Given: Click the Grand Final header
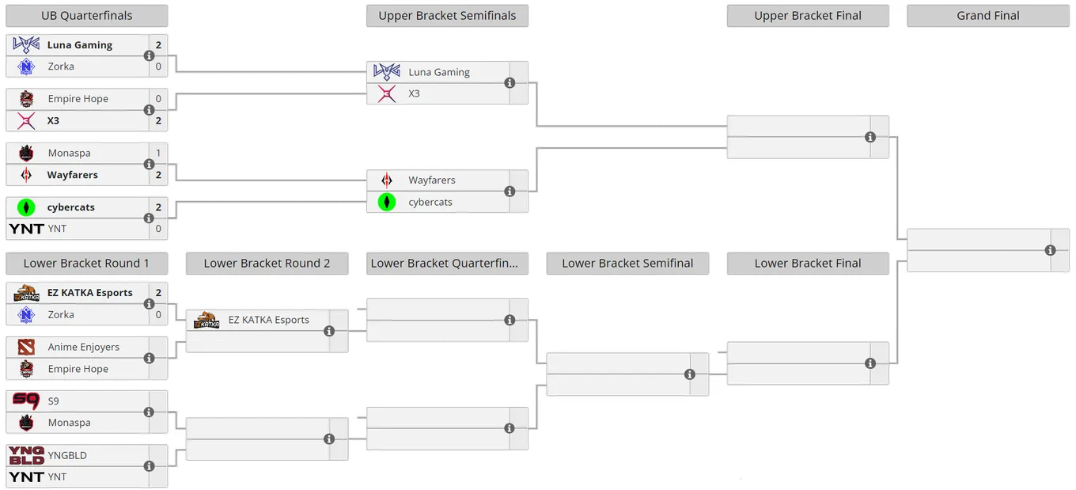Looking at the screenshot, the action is [987, 16].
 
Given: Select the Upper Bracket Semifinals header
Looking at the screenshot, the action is [447, 16].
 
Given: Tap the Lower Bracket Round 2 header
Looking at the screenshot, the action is [267, 264].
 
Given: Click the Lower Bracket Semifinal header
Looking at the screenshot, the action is [627, 264].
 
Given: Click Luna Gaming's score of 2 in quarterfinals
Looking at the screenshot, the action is [158, 45].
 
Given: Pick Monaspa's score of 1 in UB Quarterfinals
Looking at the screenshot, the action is [158, 154].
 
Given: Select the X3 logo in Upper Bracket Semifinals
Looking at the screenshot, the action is [387, 93].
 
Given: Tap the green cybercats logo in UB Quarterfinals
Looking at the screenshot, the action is [26, 207].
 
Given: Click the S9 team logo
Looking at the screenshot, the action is [26, 401].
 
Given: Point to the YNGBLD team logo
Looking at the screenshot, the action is [26, 455].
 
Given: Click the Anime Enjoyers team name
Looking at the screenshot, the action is [84, 347].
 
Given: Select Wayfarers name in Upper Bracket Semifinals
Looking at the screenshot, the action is [432, 180].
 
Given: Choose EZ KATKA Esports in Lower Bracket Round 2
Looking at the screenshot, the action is [268, 320].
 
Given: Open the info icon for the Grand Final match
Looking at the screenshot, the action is [1050, 250].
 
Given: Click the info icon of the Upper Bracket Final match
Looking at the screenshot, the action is [870, 138].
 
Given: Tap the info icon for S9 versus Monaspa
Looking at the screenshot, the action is [149, 412].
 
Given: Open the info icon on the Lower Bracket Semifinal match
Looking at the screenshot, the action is [689, 374].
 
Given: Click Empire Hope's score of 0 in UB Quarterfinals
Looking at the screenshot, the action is [158, 99].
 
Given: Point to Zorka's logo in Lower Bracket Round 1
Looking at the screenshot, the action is [26, 314].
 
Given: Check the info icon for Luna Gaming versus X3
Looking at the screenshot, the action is [510, 83].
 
